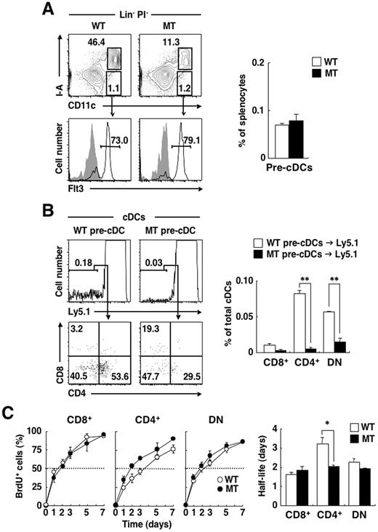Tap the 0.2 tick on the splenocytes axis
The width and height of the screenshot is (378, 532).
[x=257, y=63]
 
